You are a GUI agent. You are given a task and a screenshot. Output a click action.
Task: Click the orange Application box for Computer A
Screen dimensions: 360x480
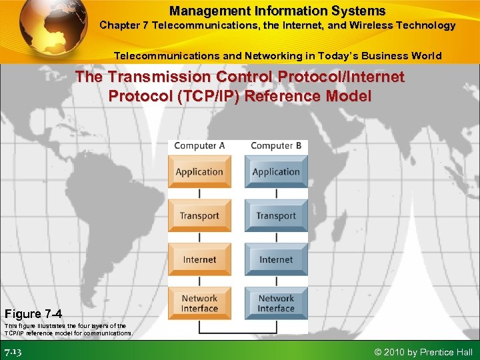click(x=199, y=171)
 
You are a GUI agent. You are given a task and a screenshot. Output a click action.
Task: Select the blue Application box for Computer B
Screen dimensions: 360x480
click(x=276, y=171)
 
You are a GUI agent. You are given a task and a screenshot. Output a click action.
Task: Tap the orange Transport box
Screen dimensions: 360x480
click(x=199, y=215)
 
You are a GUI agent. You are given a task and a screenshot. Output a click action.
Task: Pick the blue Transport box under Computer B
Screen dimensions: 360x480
click(x=276, y=215)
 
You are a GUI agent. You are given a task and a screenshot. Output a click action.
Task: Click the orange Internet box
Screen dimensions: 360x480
click(x=199, y=259)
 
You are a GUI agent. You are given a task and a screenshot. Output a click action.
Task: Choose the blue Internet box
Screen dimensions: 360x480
click(x=276, y=259)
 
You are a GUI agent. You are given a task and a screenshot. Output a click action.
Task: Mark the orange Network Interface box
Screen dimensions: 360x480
click(x=199, y=303)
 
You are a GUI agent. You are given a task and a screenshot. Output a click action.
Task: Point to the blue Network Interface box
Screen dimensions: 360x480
click(x=276, y=303)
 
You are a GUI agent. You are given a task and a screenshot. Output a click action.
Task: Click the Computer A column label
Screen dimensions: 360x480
click(x=199, y=145)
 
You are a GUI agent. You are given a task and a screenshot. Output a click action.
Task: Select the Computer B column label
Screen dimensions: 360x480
click(x=276, y=145)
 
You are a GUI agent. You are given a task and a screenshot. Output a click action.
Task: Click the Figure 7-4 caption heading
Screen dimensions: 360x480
click(x=33, y=313)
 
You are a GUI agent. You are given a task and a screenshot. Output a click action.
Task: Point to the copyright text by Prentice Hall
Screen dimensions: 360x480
click(x=423, y=352)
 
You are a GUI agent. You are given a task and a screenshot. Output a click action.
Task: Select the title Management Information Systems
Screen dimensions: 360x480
click(x=277, y=11)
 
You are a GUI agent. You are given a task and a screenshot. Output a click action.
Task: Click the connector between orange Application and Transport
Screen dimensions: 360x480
click(x=199, y=193)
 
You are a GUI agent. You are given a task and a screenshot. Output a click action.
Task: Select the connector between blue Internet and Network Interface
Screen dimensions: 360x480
click(x=276, y=281)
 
